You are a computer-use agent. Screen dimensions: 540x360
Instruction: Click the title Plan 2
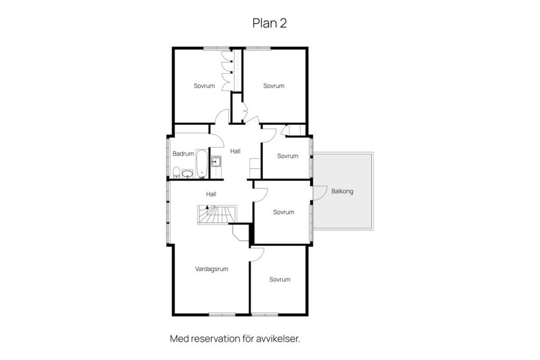(x=269, y=23)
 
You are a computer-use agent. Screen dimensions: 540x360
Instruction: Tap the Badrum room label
(x=183, y=154)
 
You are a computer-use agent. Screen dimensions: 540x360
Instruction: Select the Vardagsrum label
(x=211, y=269)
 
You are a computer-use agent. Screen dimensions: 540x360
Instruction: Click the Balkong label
(x=342, y=191)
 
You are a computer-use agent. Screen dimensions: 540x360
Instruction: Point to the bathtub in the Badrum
(x=202, y=164)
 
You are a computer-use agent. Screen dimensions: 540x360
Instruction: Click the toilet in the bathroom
(x=176, y=172)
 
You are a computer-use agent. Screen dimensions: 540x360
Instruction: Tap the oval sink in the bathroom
(x=187, y=174)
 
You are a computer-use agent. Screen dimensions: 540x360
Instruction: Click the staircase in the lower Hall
(x=217, y=215)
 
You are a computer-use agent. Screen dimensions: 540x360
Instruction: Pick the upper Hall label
(x=235, y=151)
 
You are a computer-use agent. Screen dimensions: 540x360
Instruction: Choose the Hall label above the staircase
(x=211, y=194)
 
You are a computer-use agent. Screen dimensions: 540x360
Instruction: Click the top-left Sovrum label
(x=204, y=85)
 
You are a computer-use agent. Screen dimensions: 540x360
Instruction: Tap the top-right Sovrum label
(x=274, y=85)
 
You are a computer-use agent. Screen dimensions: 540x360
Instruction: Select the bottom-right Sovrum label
(x=280, y=280)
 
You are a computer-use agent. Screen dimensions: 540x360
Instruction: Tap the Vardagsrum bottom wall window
(x=222, y=314)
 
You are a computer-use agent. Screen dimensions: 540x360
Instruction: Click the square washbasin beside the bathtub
(x=216, y=161)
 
